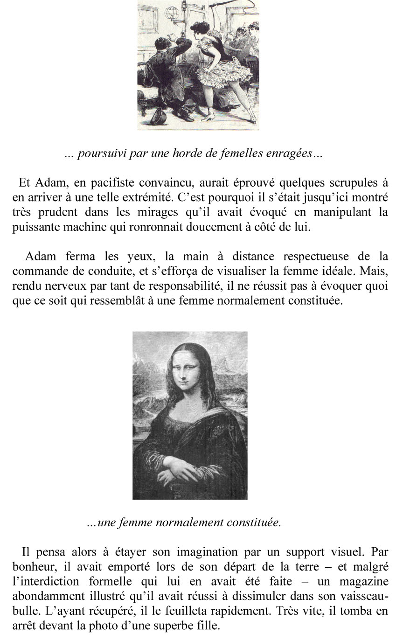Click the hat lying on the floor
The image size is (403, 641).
tap(157, 115)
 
